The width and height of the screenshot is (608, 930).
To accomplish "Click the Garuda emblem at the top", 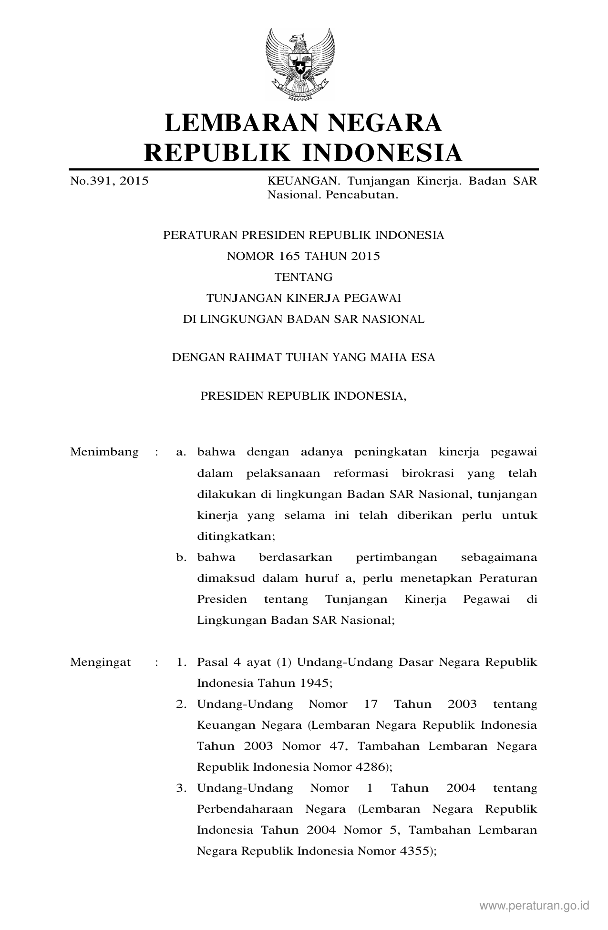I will (x=300, y=64).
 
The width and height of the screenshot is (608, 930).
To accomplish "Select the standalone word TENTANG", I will (x=303, y=277).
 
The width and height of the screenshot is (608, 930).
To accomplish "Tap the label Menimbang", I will (x=104, y=452).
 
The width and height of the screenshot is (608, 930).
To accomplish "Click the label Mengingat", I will (x=101, y=662).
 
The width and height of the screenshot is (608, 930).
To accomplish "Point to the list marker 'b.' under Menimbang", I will (x=181, y=557).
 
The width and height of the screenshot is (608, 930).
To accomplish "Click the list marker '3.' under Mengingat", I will (x=181, y=788).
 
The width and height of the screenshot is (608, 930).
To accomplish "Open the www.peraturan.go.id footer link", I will (x=535, y=905).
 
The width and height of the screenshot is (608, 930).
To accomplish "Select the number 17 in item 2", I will (x=371, y=704).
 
